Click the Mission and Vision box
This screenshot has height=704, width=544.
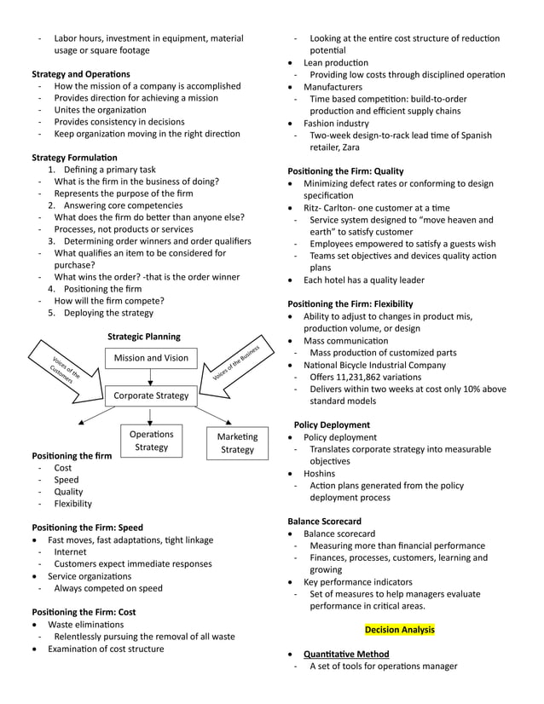[151, 359]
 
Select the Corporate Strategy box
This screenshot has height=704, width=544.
[151, 395]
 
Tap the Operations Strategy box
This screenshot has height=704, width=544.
[151, 441]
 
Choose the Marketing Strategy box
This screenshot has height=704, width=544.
[237, 443]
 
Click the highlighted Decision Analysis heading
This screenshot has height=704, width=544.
[399, 630]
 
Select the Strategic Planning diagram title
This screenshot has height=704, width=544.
[143, 337]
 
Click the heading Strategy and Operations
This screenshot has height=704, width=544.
[81, 74]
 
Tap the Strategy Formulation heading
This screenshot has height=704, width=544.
[75, 158]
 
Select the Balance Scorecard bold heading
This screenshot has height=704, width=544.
[324, 521]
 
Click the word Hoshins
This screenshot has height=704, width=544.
[320, 473]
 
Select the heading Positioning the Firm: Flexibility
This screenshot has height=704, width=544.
[350, 303]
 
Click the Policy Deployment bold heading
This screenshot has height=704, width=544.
[332, 424]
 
